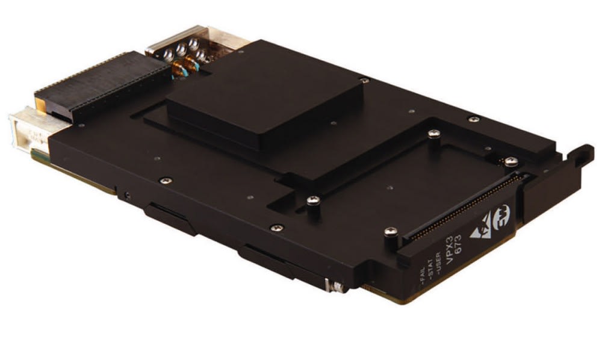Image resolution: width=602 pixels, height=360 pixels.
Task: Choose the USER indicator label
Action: coord(438,262)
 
